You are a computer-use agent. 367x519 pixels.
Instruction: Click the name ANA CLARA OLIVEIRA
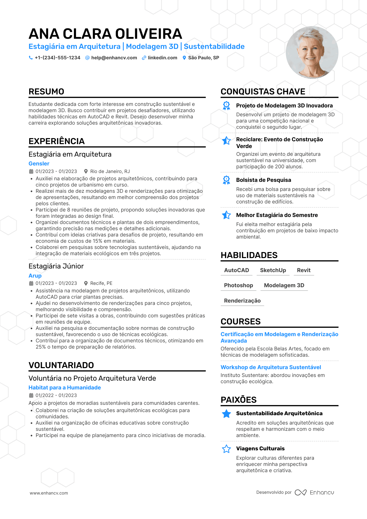105,34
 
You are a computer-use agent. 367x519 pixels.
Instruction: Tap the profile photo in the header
312,53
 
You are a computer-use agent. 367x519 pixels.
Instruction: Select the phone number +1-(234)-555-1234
58,58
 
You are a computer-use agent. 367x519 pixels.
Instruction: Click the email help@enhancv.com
114,58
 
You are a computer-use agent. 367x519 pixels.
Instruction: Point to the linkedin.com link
162,58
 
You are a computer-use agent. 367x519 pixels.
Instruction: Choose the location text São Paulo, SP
204,58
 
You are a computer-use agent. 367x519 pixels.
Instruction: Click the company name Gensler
39,164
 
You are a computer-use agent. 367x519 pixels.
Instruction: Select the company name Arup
35,276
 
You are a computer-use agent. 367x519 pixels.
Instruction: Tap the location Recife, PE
101,283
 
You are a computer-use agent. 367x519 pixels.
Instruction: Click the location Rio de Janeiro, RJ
110,171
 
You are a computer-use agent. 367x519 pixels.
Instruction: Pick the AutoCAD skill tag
237,270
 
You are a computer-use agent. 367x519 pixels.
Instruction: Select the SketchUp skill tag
273,270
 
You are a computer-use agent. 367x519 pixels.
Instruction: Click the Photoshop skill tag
238,285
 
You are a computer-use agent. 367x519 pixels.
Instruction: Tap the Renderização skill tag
242,301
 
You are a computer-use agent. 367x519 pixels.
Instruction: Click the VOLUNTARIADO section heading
61,365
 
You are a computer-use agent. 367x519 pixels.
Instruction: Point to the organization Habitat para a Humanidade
65,388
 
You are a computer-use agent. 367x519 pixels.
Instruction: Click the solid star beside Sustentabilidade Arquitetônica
226,414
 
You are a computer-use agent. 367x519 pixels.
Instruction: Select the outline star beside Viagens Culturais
226,449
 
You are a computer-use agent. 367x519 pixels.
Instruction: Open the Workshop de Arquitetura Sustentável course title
271,367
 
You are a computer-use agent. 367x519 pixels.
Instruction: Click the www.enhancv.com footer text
49,493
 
